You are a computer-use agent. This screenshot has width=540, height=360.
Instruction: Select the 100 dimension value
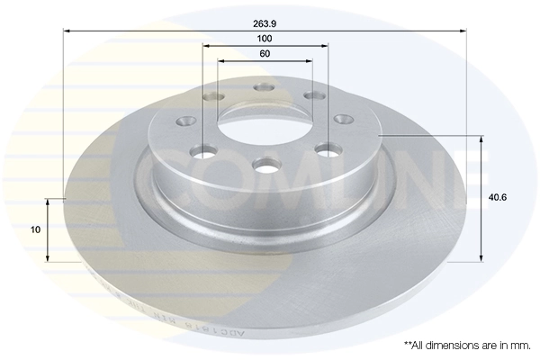point(264,39)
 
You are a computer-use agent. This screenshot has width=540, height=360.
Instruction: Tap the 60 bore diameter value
point(264,54)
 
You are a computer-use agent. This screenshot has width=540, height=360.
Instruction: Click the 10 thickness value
point(35,229)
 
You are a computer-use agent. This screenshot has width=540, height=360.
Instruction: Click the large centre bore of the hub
point(265,126)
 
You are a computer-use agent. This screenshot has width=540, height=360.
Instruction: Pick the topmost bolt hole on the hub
point(265,87)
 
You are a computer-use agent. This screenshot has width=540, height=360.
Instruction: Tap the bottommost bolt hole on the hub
point(265,166)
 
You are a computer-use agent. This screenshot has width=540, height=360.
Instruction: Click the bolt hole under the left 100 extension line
point(205,152)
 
